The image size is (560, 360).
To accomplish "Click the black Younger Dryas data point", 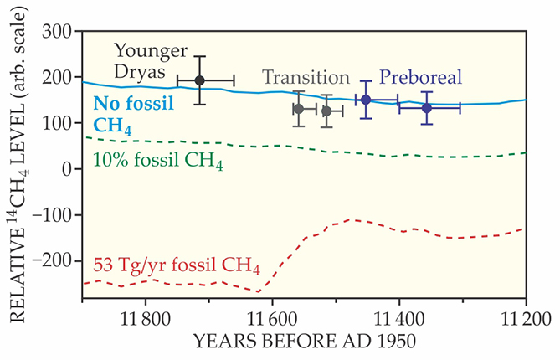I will (x=199, y=80).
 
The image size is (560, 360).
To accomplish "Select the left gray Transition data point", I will (x=299, y=109).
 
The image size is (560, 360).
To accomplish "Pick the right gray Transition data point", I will (x=326, y=111).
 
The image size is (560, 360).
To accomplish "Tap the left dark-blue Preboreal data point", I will (x=366, y=100).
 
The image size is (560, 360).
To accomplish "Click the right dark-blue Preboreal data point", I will (x=427, y=108).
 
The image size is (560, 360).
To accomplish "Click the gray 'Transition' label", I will (x=306, y=77).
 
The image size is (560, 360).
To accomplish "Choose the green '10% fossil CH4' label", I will (x=156, y=159).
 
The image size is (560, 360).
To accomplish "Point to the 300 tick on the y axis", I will (x=58, y=31).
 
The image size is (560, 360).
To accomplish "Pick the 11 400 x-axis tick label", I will (x=399, y=319).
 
